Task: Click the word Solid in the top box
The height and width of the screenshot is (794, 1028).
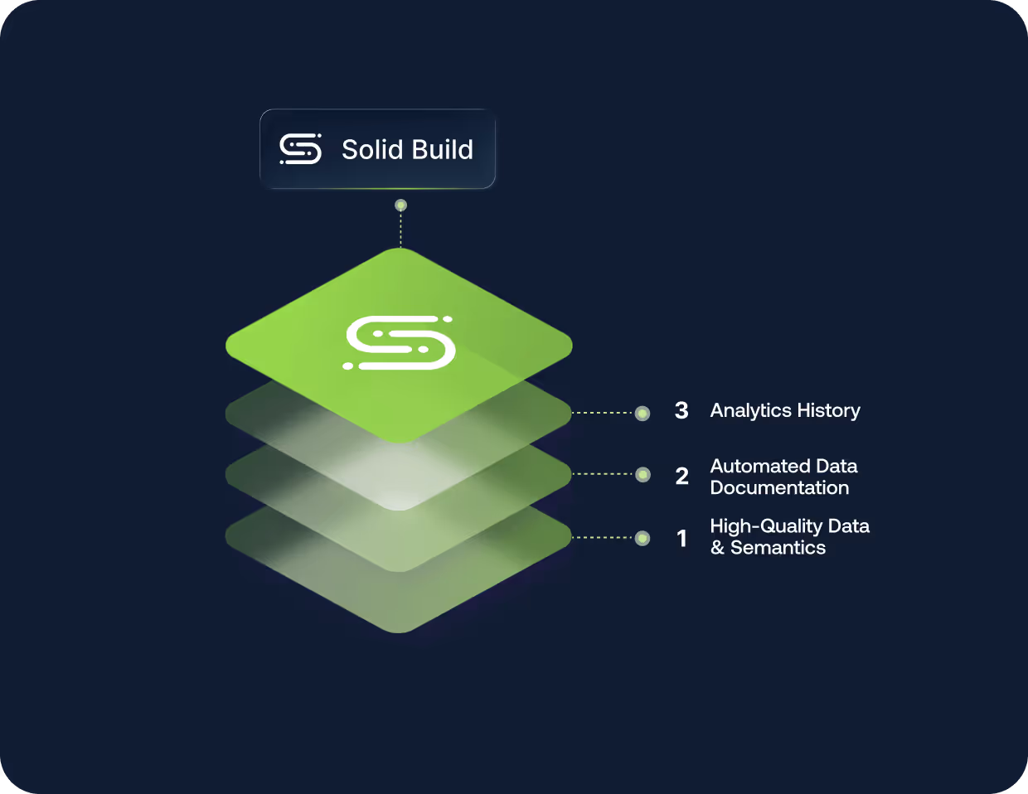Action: (372, 150)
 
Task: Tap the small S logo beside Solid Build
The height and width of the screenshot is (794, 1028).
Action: (300, 149)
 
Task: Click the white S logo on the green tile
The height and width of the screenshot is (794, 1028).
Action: (400, 342)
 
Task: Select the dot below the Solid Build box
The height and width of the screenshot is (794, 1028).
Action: (401, 205)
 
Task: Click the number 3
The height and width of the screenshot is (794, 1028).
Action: (681, 411)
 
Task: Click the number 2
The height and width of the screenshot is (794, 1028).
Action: (682, 477)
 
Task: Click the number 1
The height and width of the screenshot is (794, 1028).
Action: (682, 539)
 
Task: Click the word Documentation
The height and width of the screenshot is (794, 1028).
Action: (779, 488)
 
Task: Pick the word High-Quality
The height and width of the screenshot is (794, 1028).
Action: (766, 526)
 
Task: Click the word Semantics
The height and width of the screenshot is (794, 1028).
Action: (778, 548)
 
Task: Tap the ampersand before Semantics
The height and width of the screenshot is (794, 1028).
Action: (717, 548)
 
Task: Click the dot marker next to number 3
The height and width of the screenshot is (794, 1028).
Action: (642, 413)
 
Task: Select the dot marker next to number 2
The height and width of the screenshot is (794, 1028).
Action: (642, 474)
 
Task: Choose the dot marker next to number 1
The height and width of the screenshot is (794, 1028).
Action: (642, 538)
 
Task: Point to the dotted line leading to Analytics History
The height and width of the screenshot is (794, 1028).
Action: (603, 413)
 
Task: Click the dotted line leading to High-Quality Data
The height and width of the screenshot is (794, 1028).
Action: (603, 538)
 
